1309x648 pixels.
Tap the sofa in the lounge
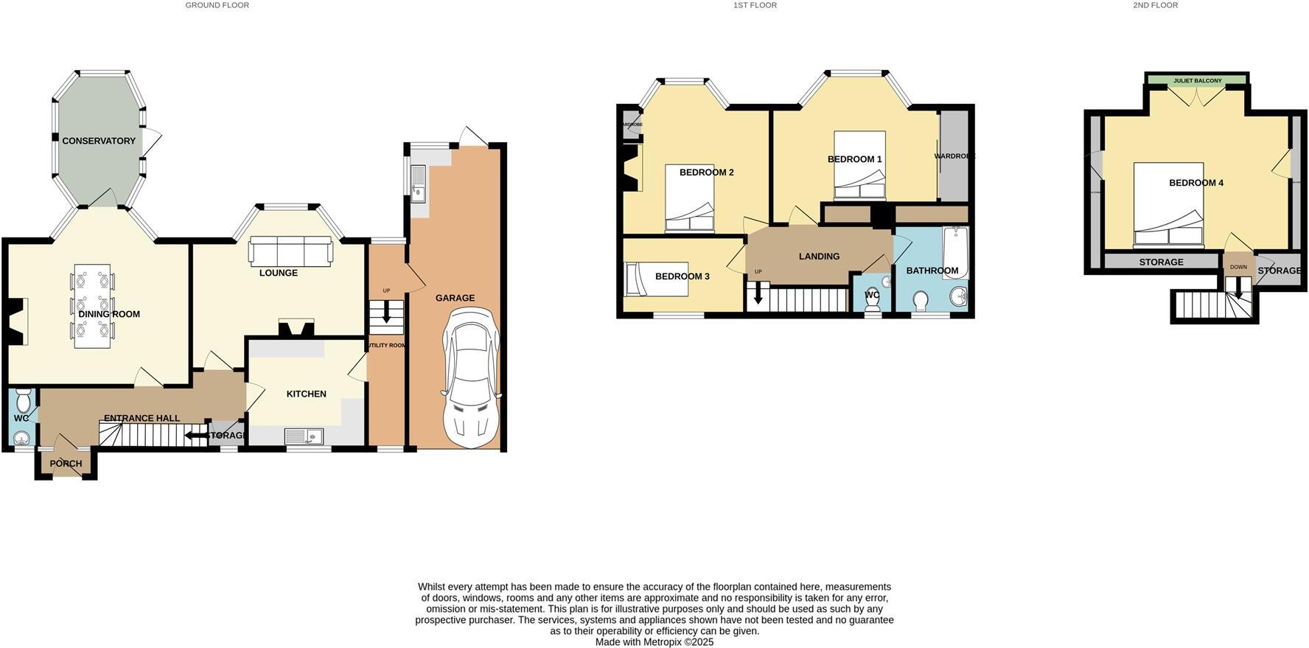coord(290,251)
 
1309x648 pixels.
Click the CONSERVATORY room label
coord(99,141)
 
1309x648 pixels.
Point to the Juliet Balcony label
coord(1197,80)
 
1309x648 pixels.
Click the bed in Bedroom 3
coord(656,279)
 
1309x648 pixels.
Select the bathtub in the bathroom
coord(955,252)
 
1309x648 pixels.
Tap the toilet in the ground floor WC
coord(23,401)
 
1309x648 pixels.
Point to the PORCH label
coord(66,464)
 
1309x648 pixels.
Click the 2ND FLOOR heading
coord(1155,5)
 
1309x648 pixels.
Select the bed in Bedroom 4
coord(1168,205)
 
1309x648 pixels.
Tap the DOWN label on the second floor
coord(1238,267)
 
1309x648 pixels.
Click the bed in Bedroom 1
coord(859,166)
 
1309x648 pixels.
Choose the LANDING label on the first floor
coord(819,257)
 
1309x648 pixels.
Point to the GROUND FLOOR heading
coord(217,5)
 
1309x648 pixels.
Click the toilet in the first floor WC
coord(872,304)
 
